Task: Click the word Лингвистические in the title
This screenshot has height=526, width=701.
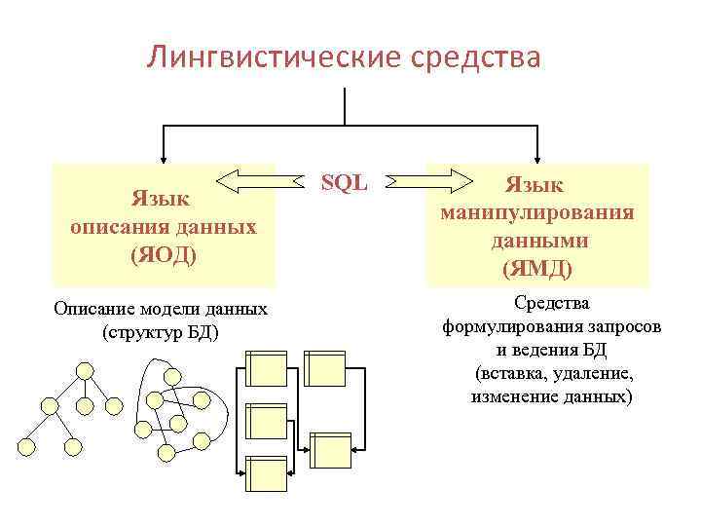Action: tap(270, 56)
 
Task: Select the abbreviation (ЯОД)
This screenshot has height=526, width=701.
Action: tap(164, 255)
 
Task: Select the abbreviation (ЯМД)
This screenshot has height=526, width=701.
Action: tap(536, 267)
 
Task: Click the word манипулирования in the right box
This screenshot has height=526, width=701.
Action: tap(537, 211)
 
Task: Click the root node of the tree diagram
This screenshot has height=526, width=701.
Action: tap(85, 370)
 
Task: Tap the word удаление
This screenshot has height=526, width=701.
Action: tap(591, 374)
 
